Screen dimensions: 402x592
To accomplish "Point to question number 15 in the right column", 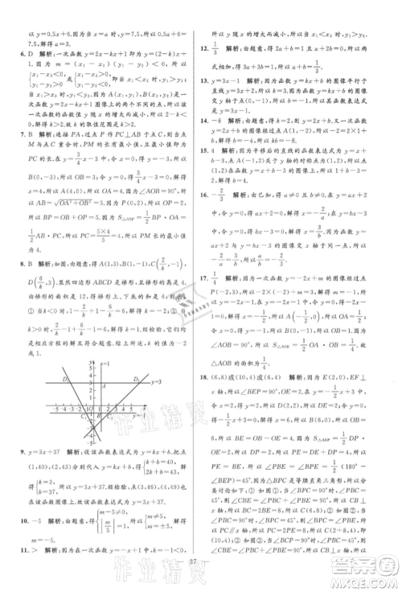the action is click(x=206, y=172).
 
